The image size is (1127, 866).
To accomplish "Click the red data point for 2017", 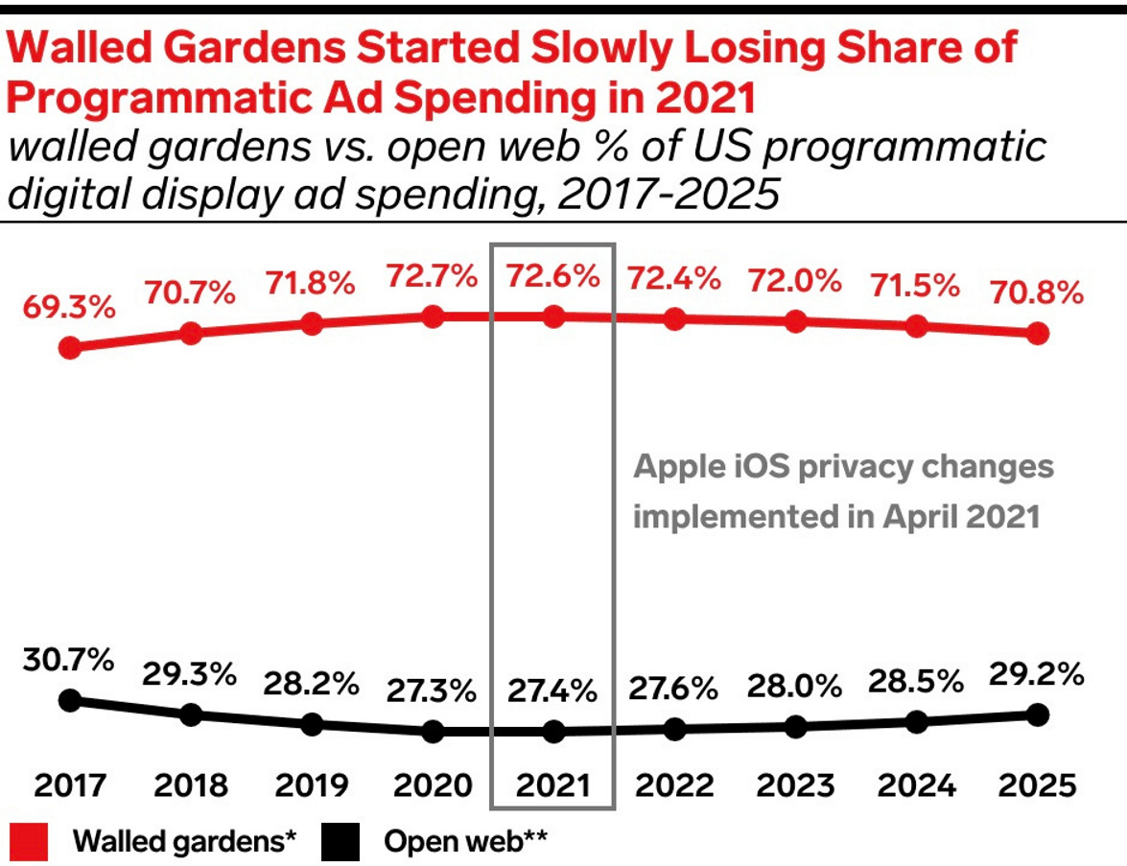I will pyautogui.click(x=69, y=347).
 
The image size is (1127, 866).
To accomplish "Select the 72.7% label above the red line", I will pyautogui.click(x=432, y=277).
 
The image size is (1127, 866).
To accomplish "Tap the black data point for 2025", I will pyautogui.click(x=1037, y=714).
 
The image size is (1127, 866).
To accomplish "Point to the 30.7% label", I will pyautogui.click(x=69, y=661).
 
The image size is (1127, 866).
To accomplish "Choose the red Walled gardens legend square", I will pyautogui.click(x=31, y=842).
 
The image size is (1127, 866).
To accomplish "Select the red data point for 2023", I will pyautogui.click(x=795, y=321).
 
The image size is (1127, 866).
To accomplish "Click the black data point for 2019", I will pyautogui.click(x=311, y=724).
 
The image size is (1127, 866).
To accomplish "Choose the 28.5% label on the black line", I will pyautogui.click(x=916, y=682).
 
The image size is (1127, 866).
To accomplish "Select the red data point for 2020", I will pyautogui.click(x=432, y=316).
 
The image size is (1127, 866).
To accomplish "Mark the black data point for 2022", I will pyautogui.click(x=674, y=730).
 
